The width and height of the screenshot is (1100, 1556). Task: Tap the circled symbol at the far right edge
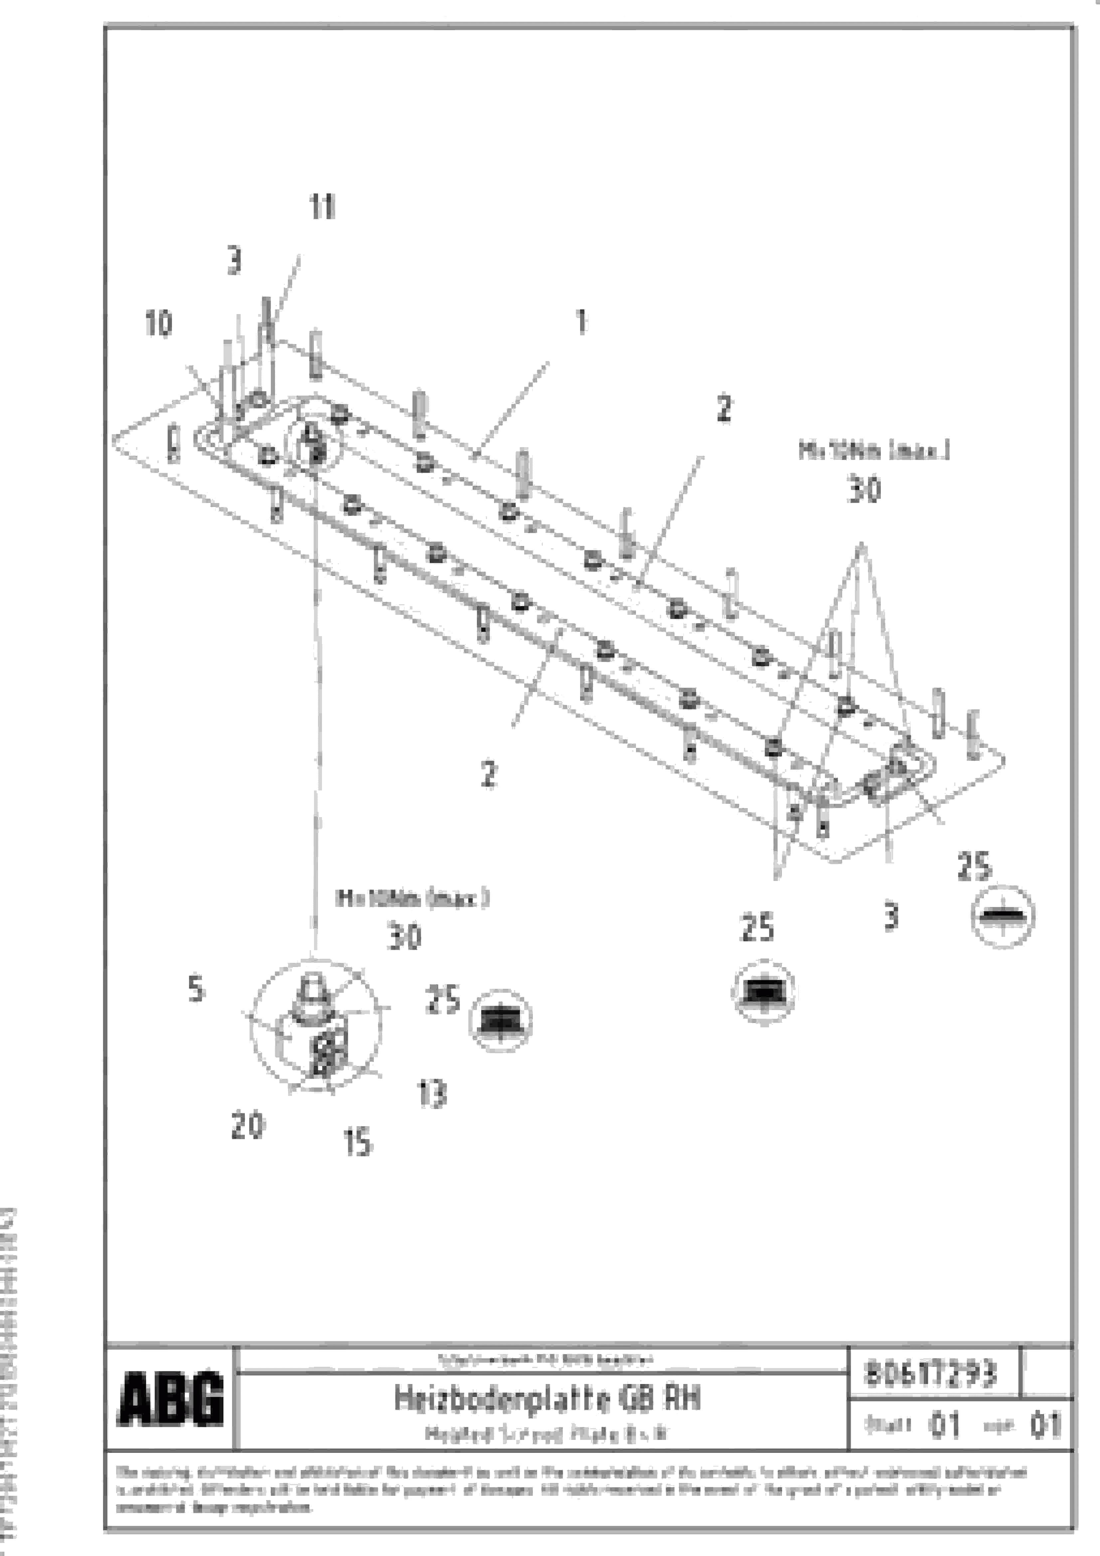[1003, 916]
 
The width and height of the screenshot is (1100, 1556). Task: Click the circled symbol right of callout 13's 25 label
[500, 1021]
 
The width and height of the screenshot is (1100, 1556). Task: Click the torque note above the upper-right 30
[873, 451]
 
